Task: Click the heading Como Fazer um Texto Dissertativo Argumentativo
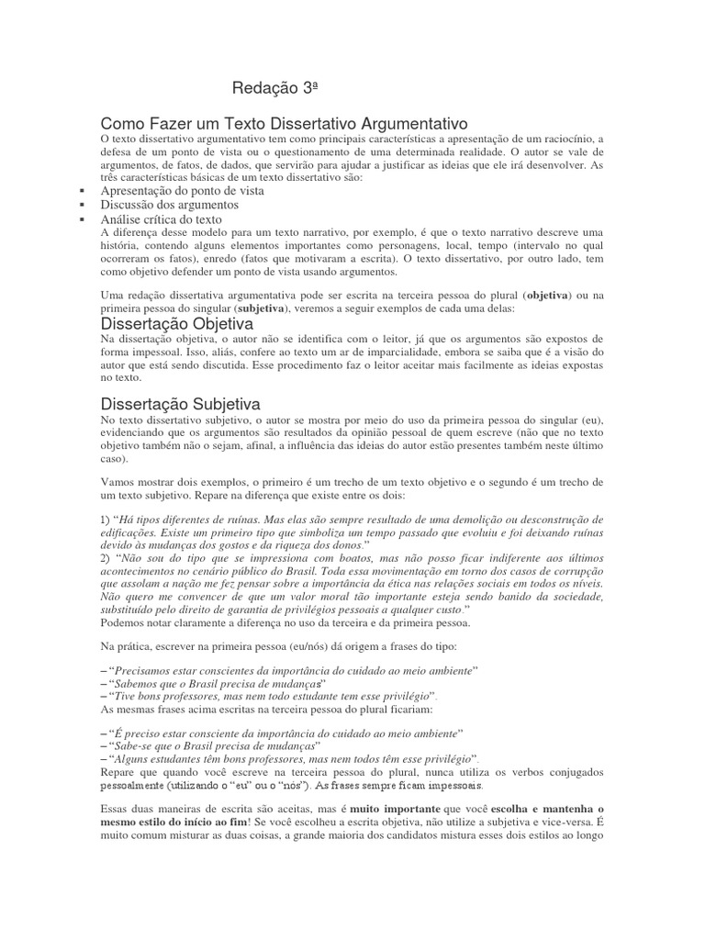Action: click(x=285, y=123)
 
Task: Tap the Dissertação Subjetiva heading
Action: click(x=180, y=404)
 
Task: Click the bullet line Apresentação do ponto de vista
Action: click(x=182, y=191)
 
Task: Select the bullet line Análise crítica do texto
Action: click(x=162, y=220)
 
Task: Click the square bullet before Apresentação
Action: click(x=83, y=191)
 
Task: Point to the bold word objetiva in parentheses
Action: click(x=544, y=296)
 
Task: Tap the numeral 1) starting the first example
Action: click(x=105, y=520)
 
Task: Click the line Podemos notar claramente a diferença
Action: click(x=285, y=623)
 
